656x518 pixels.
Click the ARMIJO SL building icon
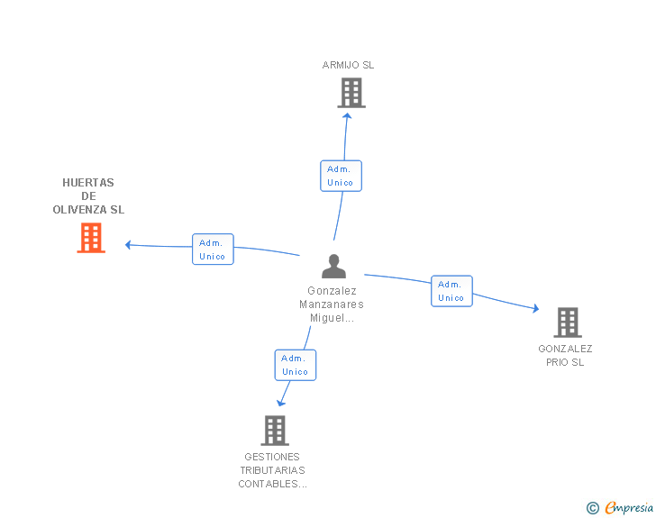pos(351,93)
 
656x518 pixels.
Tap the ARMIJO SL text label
pos(348,65)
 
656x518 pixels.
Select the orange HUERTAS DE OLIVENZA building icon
pos(91,238)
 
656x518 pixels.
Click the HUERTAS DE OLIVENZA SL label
pos(88,196)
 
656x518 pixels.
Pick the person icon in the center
pos(333,267)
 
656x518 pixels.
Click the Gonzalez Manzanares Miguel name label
pos(332,304)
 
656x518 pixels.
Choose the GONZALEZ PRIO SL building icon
pos(567,322)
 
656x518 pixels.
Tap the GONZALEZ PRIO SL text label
pos(565,355)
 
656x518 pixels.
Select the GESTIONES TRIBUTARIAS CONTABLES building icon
pos(275,430)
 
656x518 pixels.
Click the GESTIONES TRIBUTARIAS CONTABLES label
pos(272,470)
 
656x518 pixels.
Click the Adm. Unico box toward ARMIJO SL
pos(341,176)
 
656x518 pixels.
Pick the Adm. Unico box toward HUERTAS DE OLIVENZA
pos(213,250)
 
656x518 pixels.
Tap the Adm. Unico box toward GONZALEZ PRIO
pos(451,291)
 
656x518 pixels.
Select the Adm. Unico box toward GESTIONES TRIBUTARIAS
pos(296,365)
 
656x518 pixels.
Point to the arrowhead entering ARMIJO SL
pos(347,114)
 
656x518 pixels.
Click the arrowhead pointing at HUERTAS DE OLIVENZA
pos(129,244)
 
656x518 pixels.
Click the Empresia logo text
pos(629,508)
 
